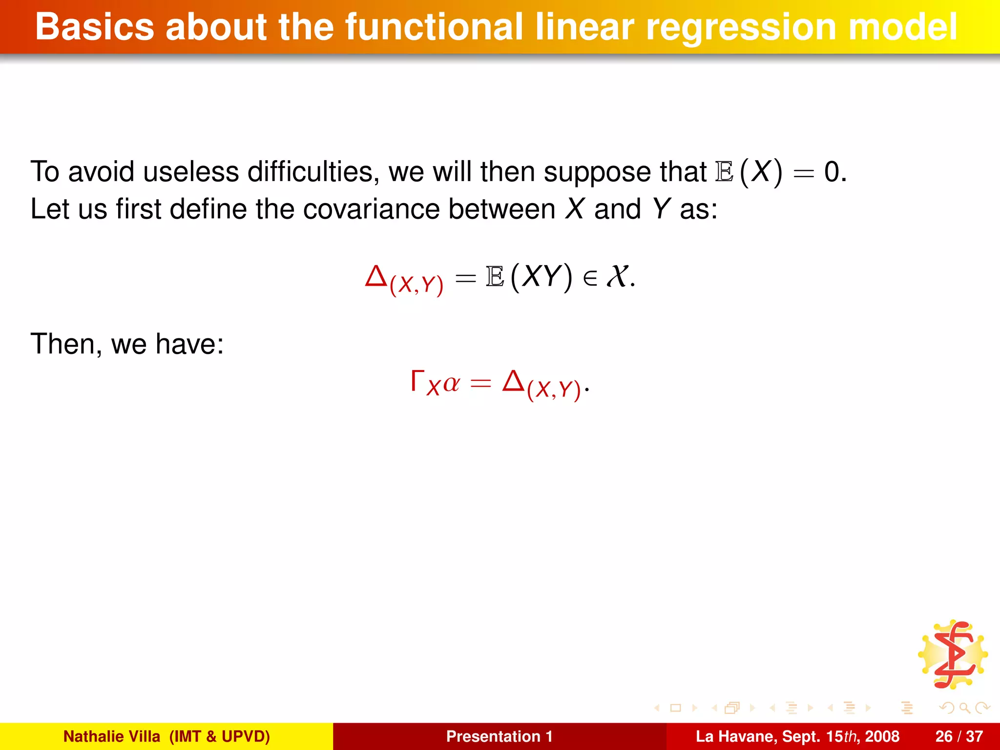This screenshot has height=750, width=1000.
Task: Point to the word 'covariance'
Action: click(371, 209)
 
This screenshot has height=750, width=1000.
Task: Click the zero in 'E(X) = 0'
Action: click(832, 172)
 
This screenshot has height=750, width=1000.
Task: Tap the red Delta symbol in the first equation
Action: click(376, 276)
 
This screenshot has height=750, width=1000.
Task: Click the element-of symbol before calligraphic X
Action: click(590, 278)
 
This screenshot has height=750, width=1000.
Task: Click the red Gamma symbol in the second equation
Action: click(417, 381)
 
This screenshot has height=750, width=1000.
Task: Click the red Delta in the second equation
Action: click(514, 381)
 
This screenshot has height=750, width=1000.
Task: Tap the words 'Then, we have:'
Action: click(127, 344)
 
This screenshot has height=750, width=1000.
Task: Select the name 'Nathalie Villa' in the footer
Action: click(112, 736)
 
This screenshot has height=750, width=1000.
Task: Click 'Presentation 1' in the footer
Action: click(499, 736)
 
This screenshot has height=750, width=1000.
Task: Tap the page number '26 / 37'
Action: click(959, 736)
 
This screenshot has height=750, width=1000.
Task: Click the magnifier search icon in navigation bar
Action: click(964, 708)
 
